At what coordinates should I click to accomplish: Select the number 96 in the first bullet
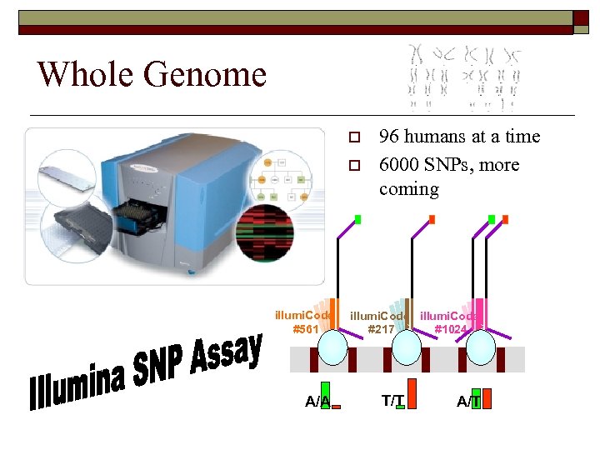pyautogui.click(x=388, y=137)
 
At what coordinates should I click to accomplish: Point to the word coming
pyautogui.click(x=408, y=188)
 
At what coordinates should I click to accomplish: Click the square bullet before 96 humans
pyautogui.click(x=353, y=137)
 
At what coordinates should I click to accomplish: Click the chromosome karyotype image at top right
pyautogui.click(x=465, y=78)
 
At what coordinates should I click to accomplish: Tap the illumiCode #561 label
pyautogui.click(x=304, y=322)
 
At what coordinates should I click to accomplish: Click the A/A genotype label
pyautogui.click(x=317, y=402)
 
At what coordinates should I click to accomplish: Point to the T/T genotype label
pyautogui.click(x=392, y=401)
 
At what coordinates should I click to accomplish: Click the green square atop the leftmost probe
pyautogui.click(x=357, y=220)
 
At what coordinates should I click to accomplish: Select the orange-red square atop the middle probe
pyautogui.click(x=432, y=219)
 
